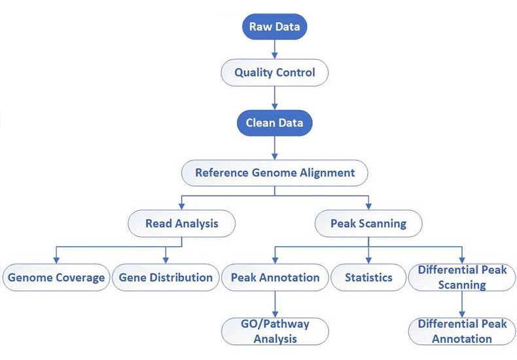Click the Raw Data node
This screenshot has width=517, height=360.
pyautogui.click(x=275, y=27)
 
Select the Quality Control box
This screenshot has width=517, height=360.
pyautogui.click(x=275, y=72)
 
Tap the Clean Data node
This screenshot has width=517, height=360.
pyautogui.click(x=275, y=122)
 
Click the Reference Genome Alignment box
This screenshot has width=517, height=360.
pyautogui.click(x=275, y=173)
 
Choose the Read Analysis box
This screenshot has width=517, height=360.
pyautogui.click(x=181, y=224)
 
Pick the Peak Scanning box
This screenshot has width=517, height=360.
pyautogui.click(x=368, y=224)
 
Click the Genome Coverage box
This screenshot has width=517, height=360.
pyautogui.click(x=56, y=278)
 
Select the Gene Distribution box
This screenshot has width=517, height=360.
pyautogui.click(x=166, y=278)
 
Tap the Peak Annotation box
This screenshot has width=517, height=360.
pyautogui.click(x=275, y=278)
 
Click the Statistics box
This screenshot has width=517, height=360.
pyautogui.click(x=368, y=278)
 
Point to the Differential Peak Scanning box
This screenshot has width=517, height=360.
pyautogui.click(x=461, y=278)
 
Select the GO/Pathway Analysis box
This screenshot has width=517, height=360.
pyautogui.click(x=275, y=331)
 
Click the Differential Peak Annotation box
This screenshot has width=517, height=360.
pyautogui.click(x=461, y=331)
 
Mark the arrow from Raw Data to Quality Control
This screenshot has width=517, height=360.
pyautogui.click(x=275, y=49)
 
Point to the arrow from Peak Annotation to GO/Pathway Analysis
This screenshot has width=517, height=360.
pyautogui.click(x=275, y=304)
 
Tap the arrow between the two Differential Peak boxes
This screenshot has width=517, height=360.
pyautogui.click(x=462, y=304)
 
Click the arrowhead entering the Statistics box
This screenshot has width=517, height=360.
pyautogui.click(x=368, y=260)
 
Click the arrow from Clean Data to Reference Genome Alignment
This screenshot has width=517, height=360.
pyautogui.click(x=275, y=148)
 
